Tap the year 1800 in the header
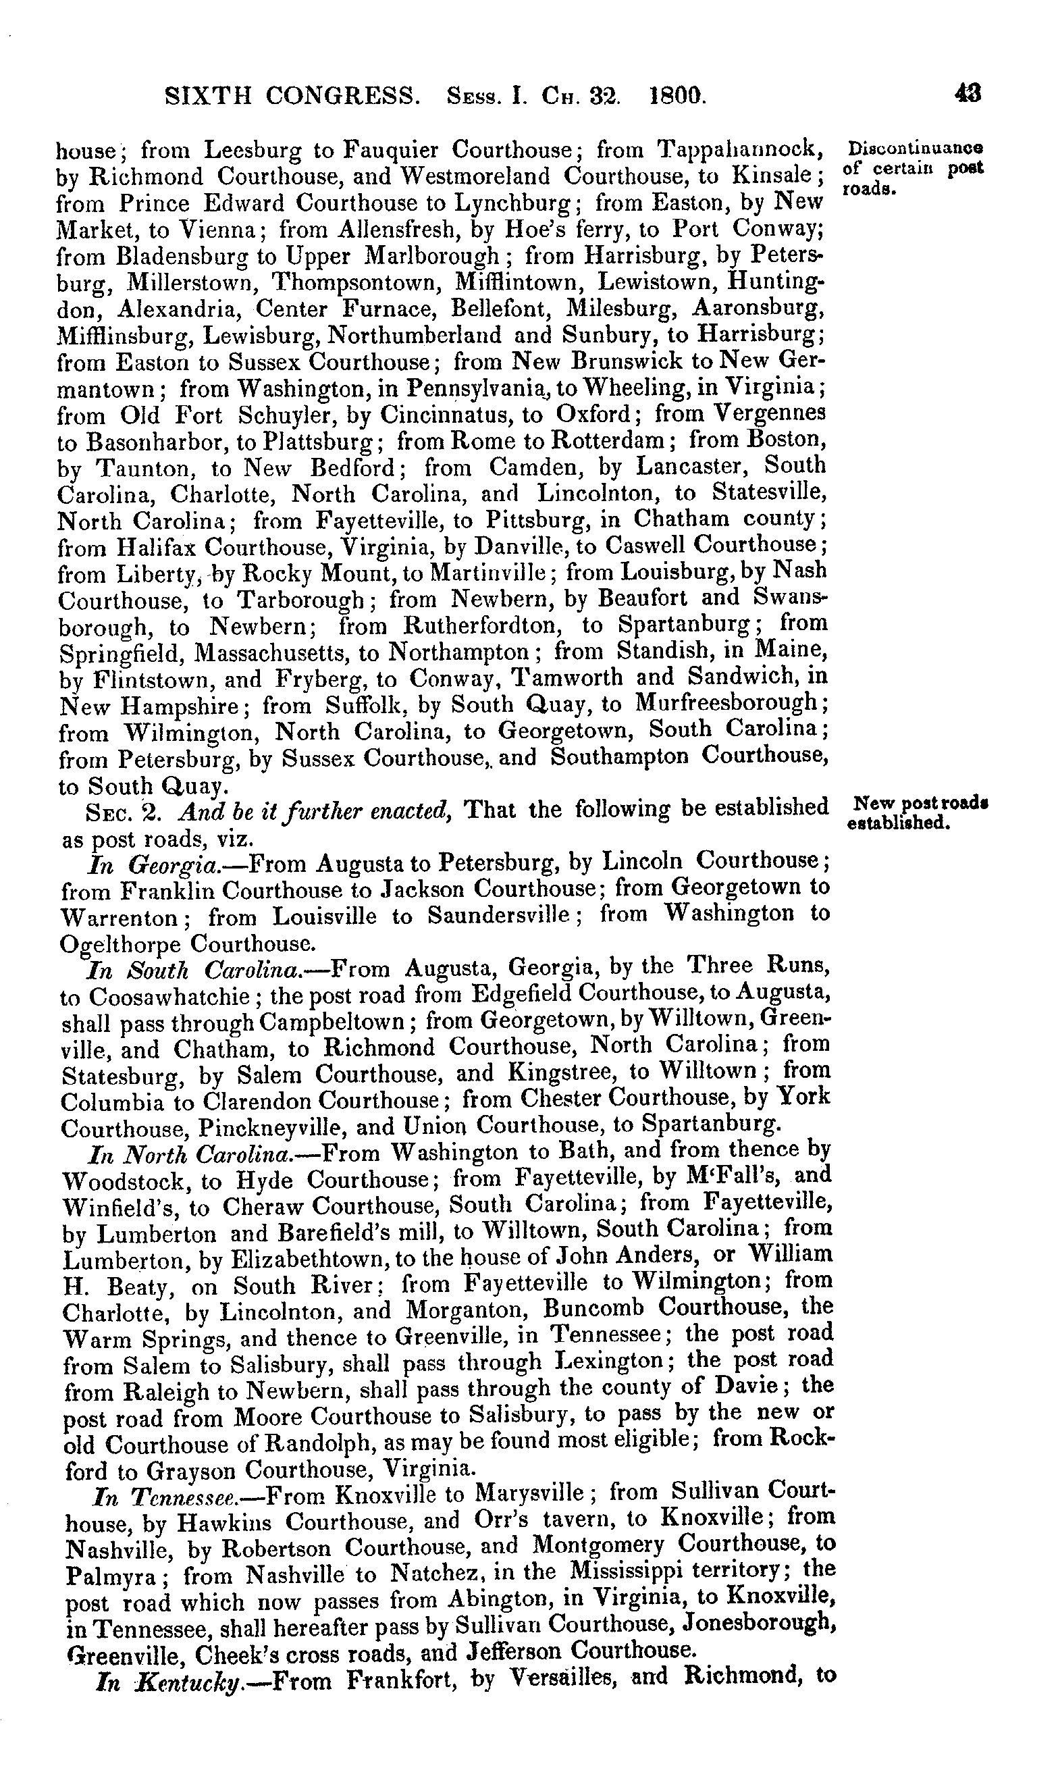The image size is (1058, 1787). click(677, 95)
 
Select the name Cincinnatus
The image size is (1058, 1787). click(454, 414)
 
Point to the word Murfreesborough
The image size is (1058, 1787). click(731, 704)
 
